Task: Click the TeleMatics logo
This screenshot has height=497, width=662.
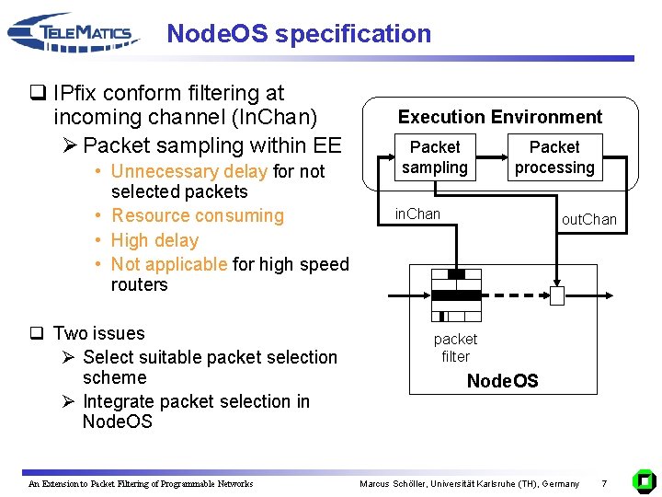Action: pos(74,34)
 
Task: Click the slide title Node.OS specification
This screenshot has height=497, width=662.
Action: pos(299,34)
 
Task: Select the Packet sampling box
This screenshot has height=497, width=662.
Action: pos(435,157)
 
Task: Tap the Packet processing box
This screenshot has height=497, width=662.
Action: pos(554,157)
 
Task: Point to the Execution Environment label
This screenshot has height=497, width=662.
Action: pos(499,117)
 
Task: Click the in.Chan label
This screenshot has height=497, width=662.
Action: pos(417,214)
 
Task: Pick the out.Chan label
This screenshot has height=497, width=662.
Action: pos(589,220)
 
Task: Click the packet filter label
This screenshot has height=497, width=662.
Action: pos(455,348)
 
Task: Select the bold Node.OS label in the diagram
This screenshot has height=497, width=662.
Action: pos(502,381)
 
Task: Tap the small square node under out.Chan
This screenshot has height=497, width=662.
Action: pos(557,295)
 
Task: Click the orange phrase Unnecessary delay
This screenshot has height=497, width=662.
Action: pos(189,171)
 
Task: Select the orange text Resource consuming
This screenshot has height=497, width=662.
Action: pos(198,216)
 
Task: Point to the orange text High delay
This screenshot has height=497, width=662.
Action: pos(154,240)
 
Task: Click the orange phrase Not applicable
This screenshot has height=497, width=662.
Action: pos(169,264)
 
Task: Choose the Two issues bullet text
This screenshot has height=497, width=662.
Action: pos(99,333)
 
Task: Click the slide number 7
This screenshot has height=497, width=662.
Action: pos(604,483)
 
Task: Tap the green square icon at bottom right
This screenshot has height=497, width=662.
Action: pos(645,480)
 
